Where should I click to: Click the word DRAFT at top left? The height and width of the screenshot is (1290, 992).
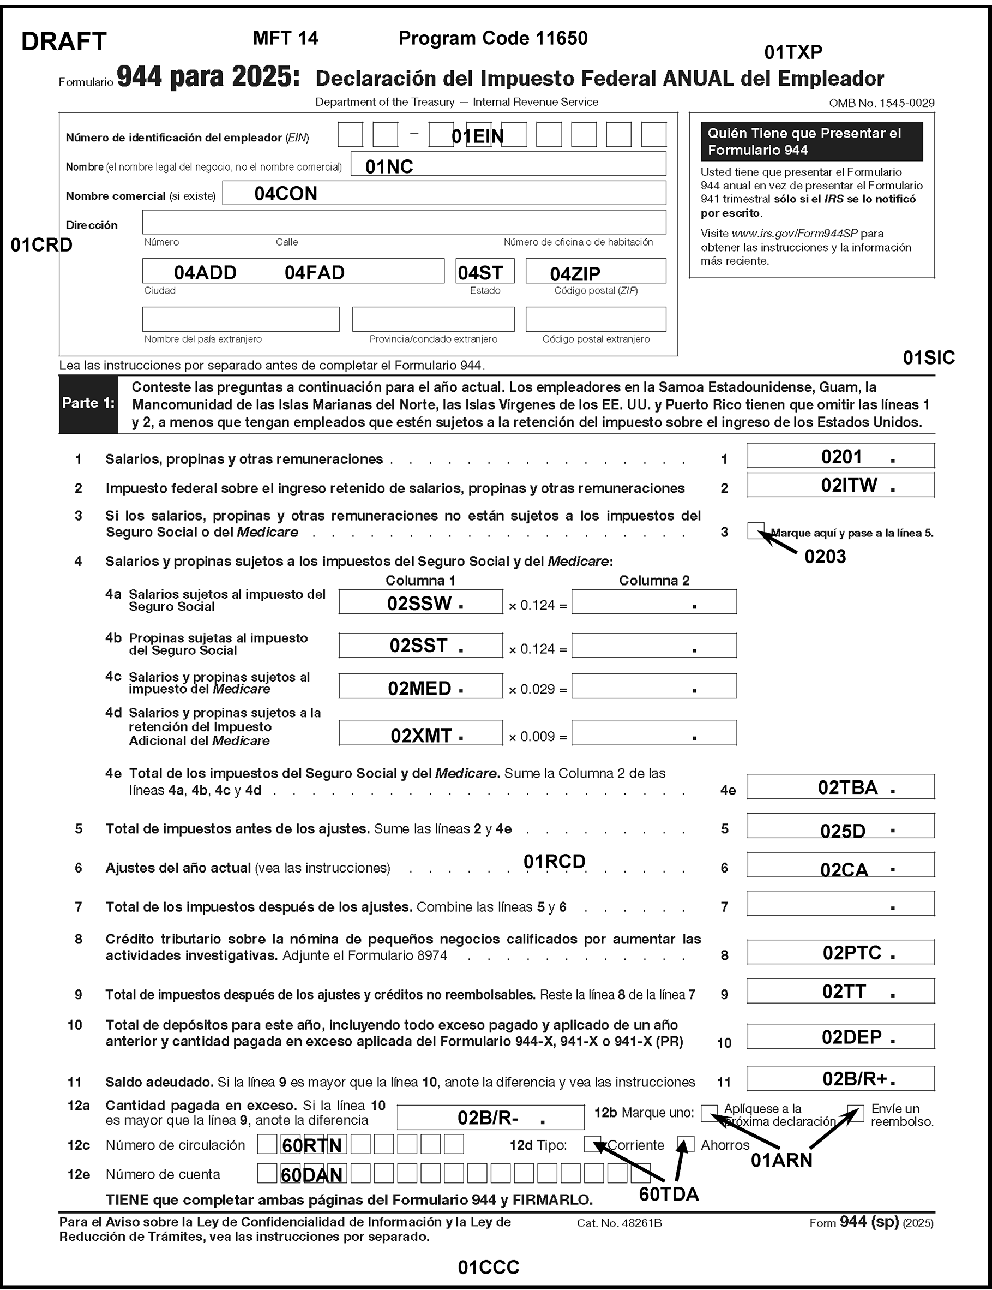(x=64, y=41)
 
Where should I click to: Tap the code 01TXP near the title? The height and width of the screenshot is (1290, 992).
(x=793, y=52)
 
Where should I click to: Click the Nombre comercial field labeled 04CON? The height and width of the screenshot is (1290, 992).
(x=444, y=193)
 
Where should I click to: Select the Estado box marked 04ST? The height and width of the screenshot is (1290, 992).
(x=485, y=271)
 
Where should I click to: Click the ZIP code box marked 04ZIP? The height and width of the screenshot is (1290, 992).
(x=595, y=271)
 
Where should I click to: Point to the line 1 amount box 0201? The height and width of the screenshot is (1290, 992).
(x=840, y=456)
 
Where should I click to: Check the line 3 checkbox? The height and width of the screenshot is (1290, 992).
(x=755, y=530)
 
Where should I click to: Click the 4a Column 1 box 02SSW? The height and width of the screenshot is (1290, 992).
(x=420, y=602)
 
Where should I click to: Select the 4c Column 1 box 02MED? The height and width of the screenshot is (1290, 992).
(x=420, y=687)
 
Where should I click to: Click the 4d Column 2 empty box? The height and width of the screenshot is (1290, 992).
(x=654, y=733)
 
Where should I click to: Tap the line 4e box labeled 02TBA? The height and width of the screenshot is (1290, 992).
(x=840, y=787)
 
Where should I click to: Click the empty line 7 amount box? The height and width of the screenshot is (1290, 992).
(x=840, y=904)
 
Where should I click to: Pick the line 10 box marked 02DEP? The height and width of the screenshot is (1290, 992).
(x=840, y=1037)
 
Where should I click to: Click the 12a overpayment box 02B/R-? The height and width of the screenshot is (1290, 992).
(x=490, y=1118)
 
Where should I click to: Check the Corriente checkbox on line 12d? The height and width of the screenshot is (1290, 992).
(x=592, y=1144)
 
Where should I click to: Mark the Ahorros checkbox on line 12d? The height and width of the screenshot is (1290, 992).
(x=686, y=1144)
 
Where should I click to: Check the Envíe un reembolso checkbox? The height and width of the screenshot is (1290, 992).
(x=855, y=1113)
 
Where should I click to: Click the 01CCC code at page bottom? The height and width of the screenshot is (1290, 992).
(x=488, y=1267)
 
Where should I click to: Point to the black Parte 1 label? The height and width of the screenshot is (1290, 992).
(x=88, y=403)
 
